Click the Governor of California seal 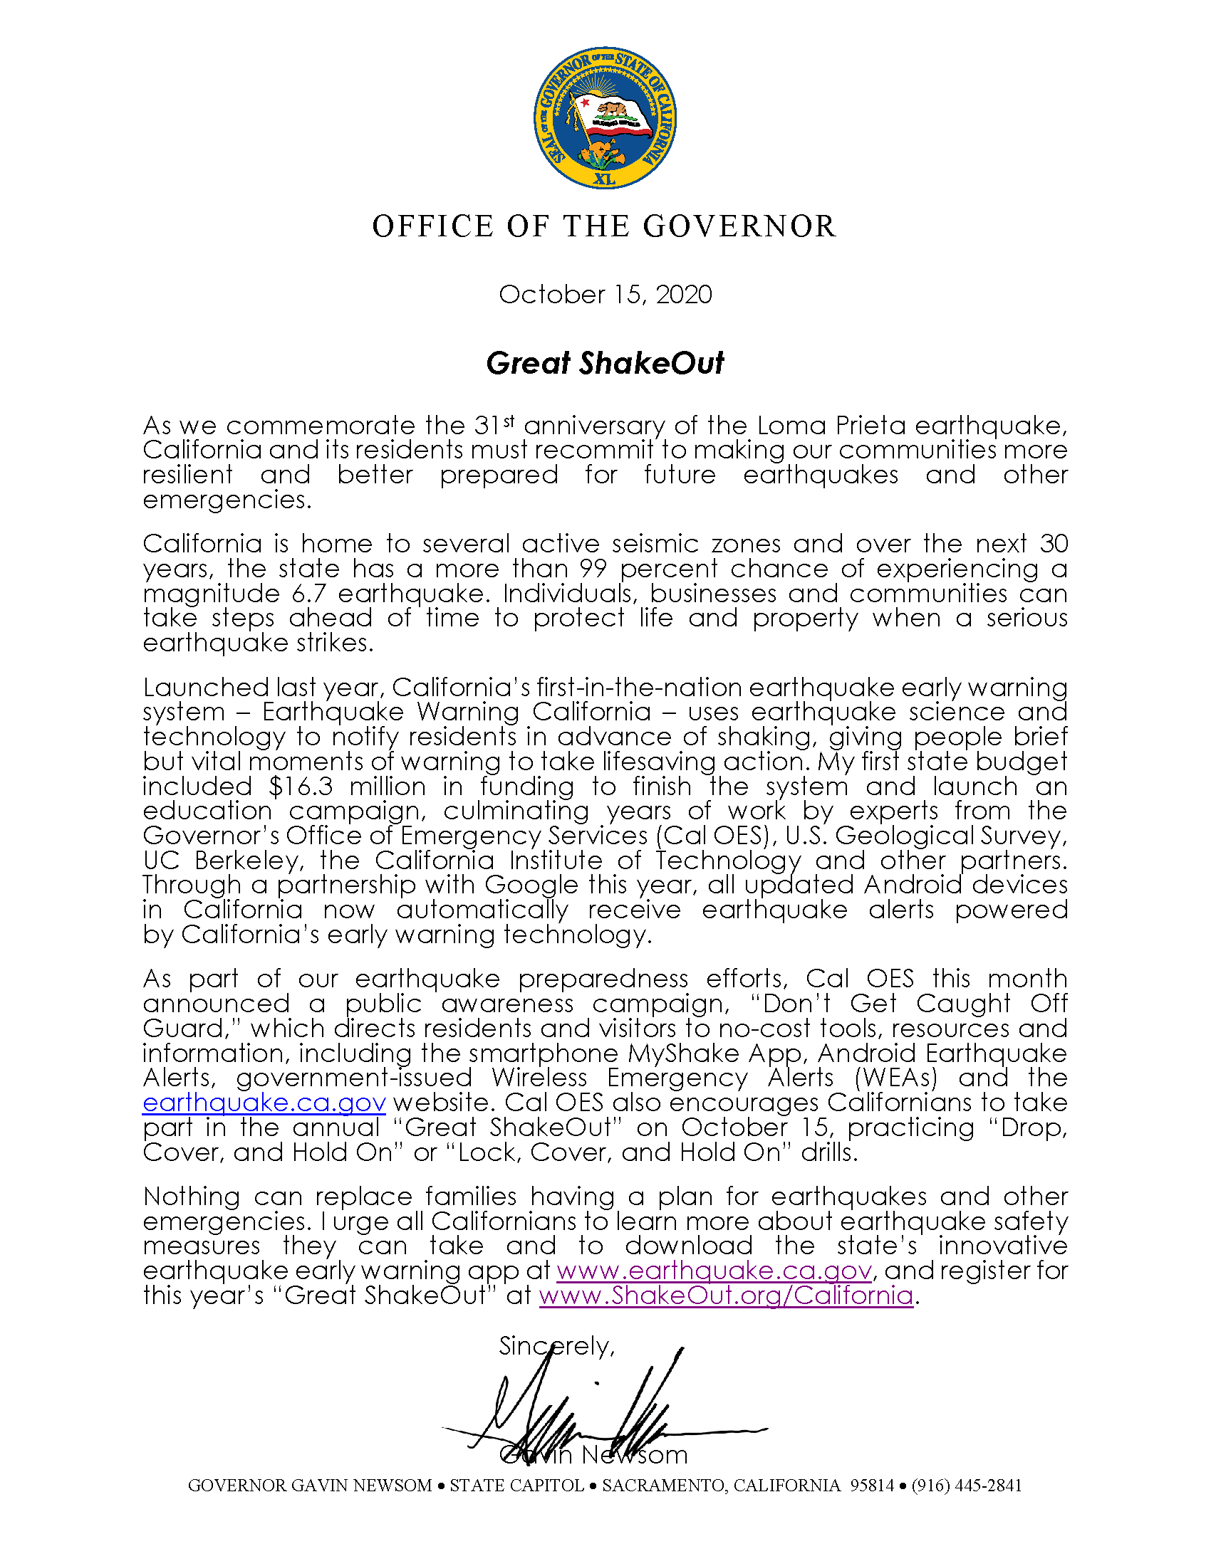point(605,118)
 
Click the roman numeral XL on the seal point(605,179)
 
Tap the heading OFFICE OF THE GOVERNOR point(605,226)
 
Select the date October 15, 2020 point(605,295)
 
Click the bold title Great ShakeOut point(605,363)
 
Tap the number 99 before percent point(593,569)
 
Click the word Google point(531,885)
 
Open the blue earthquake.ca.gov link point(264,1103)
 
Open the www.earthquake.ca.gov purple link point(714,1271)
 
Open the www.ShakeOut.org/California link point(726,1296)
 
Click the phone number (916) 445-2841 point(967,1486)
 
